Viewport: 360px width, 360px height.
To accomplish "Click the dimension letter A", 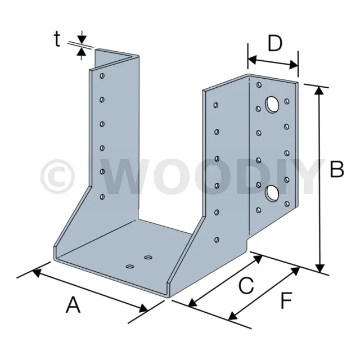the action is tap(73, 305).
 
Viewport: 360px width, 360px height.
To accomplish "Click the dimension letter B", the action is tap(337, 169).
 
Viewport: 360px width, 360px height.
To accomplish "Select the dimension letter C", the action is tap(246, 285).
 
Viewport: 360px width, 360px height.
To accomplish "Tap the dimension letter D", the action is tap(275, 44).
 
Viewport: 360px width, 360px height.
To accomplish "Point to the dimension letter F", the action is tap(286, 300).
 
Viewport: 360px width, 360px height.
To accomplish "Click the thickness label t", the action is tap(57, 39).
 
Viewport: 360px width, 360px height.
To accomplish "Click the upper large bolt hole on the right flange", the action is tap(272, 105).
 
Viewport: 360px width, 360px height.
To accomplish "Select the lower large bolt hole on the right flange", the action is tap(272, 193).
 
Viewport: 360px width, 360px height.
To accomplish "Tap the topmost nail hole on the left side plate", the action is tap(102, 76).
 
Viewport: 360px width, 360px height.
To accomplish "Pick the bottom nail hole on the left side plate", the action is tap(102, 197).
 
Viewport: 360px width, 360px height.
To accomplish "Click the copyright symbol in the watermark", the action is tap(57, 176).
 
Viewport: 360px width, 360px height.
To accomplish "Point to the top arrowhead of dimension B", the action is tap(319, 90).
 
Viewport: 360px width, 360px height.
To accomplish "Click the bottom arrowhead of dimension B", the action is tap(320, 268).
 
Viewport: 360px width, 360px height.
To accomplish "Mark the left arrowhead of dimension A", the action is tap(37, 272).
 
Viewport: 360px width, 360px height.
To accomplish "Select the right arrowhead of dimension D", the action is tap(294, 65).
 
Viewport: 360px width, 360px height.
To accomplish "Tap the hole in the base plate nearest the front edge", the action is tap(130, 267).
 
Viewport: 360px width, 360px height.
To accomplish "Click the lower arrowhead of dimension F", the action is tap(233, 316).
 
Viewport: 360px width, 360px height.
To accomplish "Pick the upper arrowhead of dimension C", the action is tap(258, 259).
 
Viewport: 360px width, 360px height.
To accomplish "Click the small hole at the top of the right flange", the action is tap(259, 85).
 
